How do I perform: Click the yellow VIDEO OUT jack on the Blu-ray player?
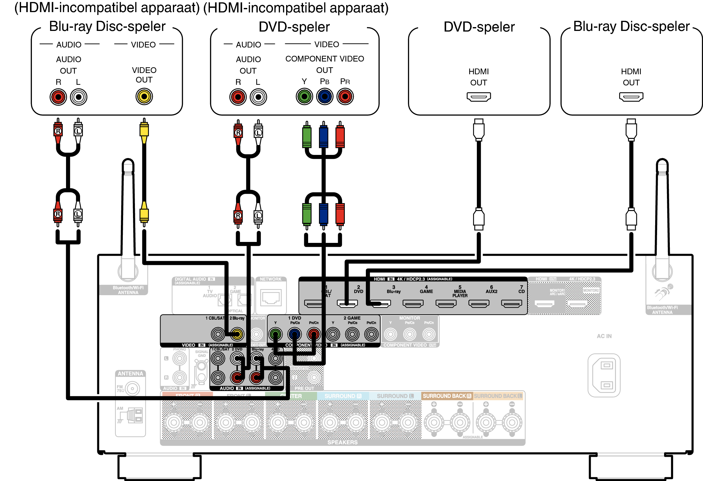tap(144, 97)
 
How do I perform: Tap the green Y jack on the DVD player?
tap(304, 97)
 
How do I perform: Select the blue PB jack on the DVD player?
tap(325, 97)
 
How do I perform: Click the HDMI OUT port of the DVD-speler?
tap(478, 97)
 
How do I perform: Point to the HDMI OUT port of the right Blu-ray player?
tap(631, 97)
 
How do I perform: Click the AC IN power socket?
tap(604, 375)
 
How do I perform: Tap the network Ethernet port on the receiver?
tap(271, 298)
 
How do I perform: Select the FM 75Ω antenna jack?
tap(132, 389)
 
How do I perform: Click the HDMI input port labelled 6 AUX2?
tap(479, 304)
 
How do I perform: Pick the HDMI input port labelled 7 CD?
tap(511, 304)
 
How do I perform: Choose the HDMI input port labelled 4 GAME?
tap(413, 304)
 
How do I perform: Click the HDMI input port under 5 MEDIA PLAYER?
tap(446, 304)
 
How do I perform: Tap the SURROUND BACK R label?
tap(447, 396)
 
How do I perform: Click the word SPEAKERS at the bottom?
tap(342, 442)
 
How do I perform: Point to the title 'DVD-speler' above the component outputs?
tap(294, 27)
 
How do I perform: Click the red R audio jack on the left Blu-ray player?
tap(58, 97)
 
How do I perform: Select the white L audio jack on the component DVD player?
tap(258, 97)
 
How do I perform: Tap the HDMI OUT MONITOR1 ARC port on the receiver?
tap(544, 304)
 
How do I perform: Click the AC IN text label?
tap(604, 336)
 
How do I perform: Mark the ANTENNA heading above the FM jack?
tap(130, 374)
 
